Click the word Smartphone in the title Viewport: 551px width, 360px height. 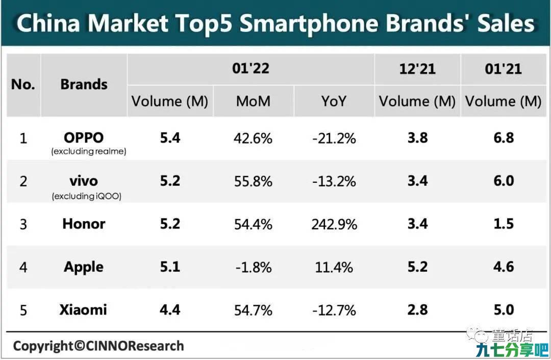(309, 24)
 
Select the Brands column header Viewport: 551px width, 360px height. (84, 84)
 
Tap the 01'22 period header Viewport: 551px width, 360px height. (251, 68)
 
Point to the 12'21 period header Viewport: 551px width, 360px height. (417, 69)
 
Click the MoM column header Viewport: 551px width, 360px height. (253, 101)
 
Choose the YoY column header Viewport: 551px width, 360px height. (334, 101)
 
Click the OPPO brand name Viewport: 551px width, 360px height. (84, 137)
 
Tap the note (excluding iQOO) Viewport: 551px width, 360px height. (87, 196)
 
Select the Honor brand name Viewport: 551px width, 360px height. (84, 224)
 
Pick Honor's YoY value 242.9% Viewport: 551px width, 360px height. (334, 224)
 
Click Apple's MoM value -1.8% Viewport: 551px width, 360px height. (254, 268)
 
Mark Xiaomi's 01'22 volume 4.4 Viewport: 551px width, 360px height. (170, 310)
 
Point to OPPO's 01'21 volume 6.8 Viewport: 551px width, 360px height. (504, 137)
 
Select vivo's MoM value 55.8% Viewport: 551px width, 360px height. (253, 181)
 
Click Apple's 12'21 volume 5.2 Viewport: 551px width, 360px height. (417, 267)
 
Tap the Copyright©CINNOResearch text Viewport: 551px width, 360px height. (98, 346)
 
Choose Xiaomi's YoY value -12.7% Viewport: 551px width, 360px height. (334, 310)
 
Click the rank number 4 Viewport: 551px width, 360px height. (23, 268)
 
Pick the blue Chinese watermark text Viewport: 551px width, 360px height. (512, 350)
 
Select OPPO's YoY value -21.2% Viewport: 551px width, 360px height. (334, 138)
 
